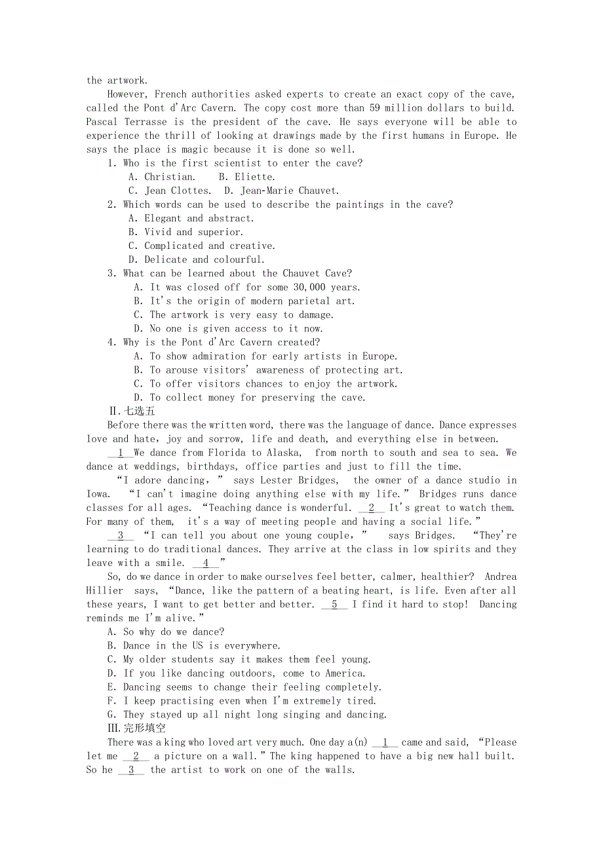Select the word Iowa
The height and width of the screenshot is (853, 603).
pos(98,494)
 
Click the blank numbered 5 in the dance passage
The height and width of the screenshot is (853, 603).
pos(334,604)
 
